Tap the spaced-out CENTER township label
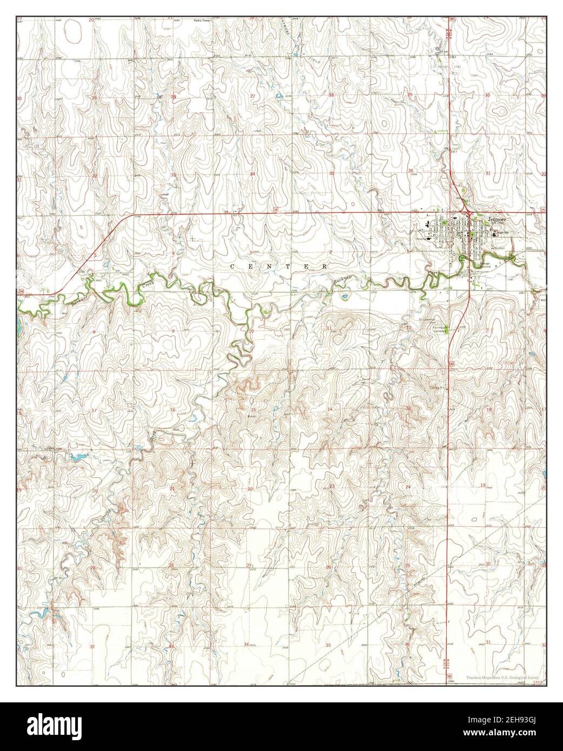click(279, 267)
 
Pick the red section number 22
click(250, 489)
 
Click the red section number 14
click(330, 410)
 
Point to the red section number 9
click(173, 331)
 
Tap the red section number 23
click(332, 486)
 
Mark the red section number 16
click(173, 410)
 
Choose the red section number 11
click(330, 328)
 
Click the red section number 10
click(252, 331)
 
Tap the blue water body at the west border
click(19, 324)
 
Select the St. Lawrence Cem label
click(427, 320)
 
